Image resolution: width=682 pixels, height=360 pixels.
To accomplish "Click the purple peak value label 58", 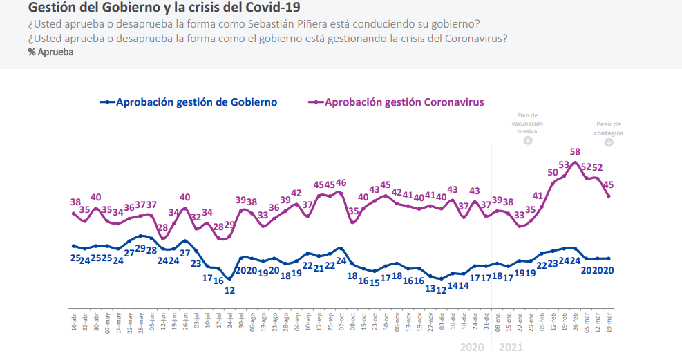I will (575, 151).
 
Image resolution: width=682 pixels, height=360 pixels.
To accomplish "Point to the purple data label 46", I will (341, 184).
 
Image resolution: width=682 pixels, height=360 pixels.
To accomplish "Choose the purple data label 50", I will (553, 172).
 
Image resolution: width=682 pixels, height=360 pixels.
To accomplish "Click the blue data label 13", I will (430, 289).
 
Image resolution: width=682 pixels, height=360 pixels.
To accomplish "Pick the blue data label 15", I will (374, 282).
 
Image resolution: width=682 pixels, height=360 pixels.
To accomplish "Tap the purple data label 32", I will (196, 217).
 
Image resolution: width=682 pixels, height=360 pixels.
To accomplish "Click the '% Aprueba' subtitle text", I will (50, 52).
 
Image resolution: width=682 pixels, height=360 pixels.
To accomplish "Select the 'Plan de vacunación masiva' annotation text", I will (527, 123).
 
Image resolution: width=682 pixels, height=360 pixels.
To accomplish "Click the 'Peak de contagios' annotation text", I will (609, 128).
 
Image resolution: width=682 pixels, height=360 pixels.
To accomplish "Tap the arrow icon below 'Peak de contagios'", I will (609, 142).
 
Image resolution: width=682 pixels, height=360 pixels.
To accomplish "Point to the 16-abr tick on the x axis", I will (74, 321).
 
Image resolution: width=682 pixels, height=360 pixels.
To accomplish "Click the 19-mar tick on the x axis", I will (609, 321).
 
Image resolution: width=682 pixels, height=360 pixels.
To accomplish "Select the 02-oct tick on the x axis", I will (341, 321).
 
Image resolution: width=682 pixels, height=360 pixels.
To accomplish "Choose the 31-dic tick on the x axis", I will (486, 321).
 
